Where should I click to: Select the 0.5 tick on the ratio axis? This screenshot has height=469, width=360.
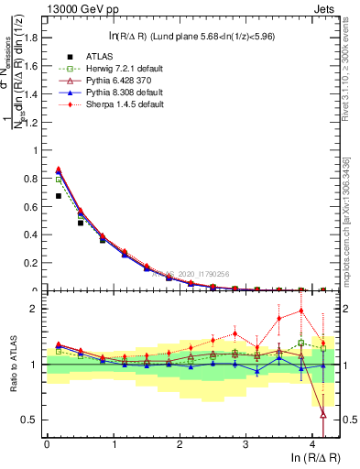tap(34, 420)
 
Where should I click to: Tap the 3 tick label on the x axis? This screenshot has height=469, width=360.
tap(246, 442)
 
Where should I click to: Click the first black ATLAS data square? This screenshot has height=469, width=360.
tap(58, 196)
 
